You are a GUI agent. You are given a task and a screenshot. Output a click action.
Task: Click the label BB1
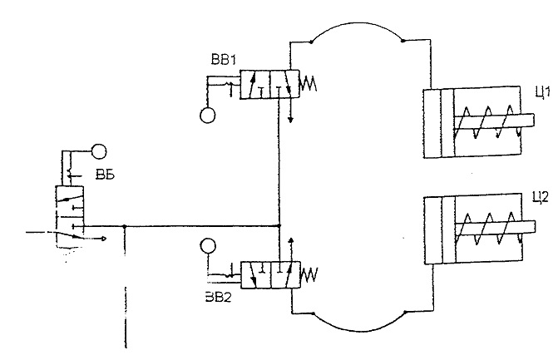pos(223,59)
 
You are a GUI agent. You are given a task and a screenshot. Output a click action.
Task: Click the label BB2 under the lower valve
pos(218,296)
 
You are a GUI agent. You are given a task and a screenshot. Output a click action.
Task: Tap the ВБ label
pos(105,175)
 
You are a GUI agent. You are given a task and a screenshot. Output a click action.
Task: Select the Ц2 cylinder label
pos(541,197)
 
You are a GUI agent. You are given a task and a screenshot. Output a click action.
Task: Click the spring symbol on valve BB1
pos(309,84)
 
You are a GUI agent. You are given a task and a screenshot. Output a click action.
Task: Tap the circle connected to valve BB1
pos(207,116)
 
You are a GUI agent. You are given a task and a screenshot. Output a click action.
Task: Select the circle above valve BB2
pos(208,246)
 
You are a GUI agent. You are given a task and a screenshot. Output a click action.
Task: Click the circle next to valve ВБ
pos(99,151)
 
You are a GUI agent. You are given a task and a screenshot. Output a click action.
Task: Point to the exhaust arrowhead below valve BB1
pos(291,120)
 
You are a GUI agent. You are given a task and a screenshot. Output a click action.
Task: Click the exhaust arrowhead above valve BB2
pos(291,239)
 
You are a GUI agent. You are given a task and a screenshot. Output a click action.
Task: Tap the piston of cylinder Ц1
pos(447,123)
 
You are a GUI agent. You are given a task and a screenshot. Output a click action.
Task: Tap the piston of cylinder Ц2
pos(448,231)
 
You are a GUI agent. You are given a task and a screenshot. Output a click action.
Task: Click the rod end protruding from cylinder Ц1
pos(527,120)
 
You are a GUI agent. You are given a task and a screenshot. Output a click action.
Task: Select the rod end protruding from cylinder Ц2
pos(529,227)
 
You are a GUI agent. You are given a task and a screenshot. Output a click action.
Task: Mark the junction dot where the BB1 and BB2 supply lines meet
pos(279,225)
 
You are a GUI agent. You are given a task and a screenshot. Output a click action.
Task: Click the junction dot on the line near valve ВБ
pos(124,226)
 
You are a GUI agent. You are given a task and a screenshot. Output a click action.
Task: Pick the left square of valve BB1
pos(255,84)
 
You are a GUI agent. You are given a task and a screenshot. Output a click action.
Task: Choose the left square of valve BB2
pos(256,275)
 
